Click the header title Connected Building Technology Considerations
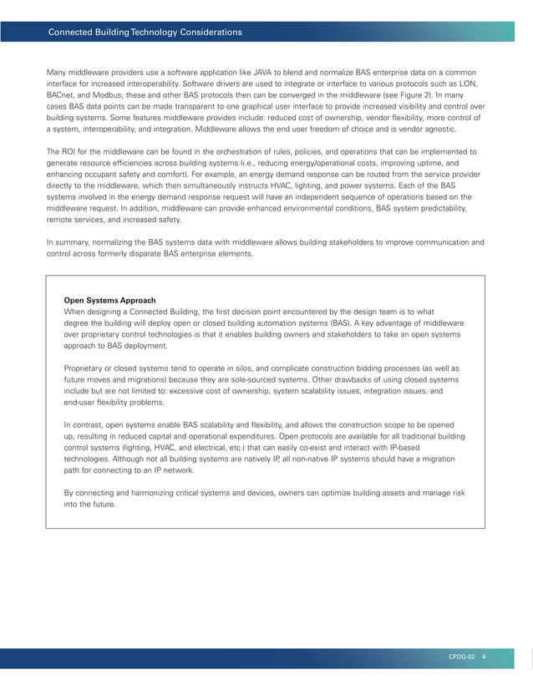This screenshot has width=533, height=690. coord(145,33)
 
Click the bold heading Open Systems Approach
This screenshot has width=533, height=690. coord(109,300)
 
